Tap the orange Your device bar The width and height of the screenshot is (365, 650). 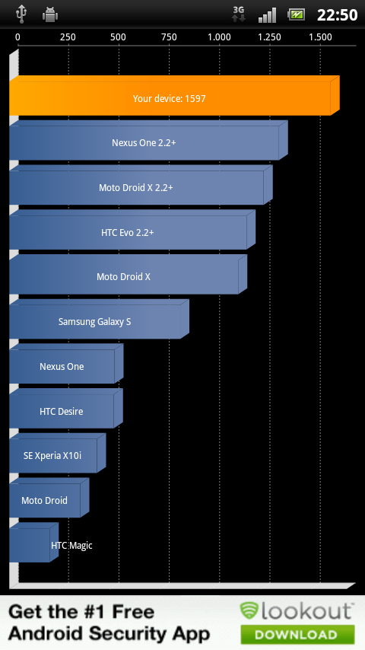tap(174, 96)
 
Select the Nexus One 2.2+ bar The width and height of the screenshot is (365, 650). tap(148, 140)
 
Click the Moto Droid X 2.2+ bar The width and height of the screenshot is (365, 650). tap(141, 185)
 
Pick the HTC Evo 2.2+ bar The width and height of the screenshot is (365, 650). tap(132, 230)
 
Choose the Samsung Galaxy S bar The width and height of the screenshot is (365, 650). tap(99, 319)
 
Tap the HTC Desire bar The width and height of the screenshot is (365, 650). tap(66, 408)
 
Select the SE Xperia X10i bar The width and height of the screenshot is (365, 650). tap(57, 453)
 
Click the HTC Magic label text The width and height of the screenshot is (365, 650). tap(71, 546)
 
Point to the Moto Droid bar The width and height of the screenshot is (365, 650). tap(49, 498)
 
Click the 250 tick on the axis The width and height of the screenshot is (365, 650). tap(68, 37)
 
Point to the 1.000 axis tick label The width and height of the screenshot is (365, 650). tap(219, 37)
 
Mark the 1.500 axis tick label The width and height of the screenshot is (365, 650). tap(320, 37)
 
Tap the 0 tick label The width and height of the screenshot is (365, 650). tap(17, 37)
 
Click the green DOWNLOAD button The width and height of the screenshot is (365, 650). tap(297, 634)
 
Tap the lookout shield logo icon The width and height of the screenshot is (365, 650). tap(249, 610)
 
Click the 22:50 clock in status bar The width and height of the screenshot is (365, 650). tap(337, 15)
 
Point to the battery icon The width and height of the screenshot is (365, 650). tap(297, 15)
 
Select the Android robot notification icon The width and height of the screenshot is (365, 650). tap(50, 15)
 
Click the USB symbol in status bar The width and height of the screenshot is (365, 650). tap(21, 14)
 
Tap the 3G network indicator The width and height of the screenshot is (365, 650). tap(238, 14)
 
